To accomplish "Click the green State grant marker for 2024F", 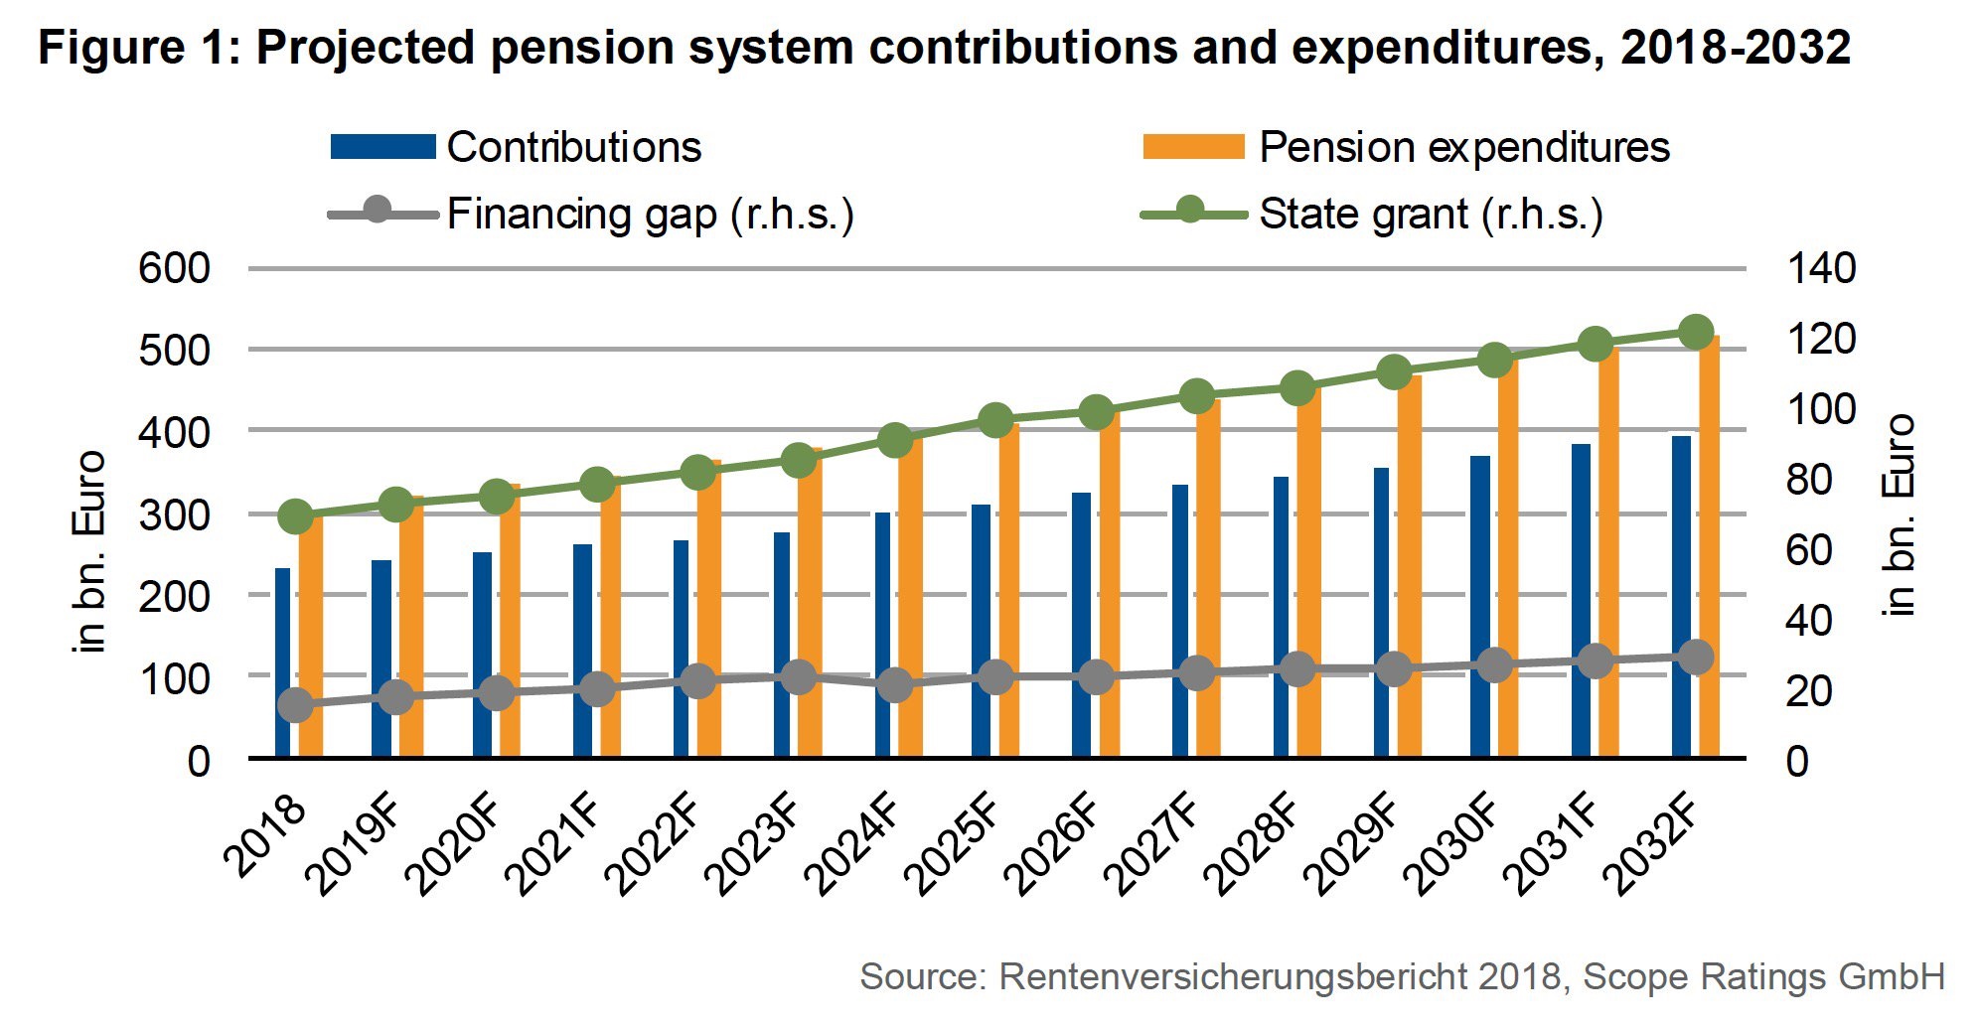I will click(x=895, y=440).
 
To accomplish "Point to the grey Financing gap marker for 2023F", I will click(x=798, y=677).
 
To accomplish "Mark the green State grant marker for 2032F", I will click(x=1695, y=332).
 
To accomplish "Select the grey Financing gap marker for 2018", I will click(x=295, y=705).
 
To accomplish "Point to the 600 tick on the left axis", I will click(x=175, y=268).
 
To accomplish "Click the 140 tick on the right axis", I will click(x=1821, y=268).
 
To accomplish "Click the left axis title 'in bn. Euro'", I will click(x=89, y=552).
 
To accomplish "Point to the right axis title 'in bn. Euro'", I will click(x=1899, y=514).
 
